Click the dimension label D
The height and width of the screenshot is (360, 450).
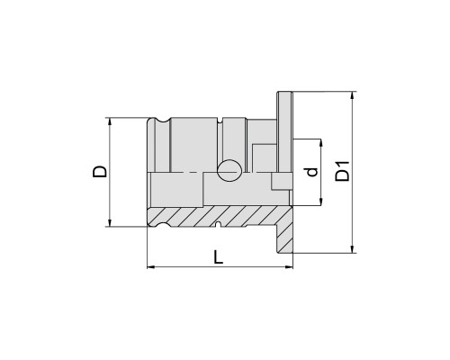pos(100,171)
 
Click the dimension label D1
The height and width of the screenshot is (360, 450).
pos(342,171)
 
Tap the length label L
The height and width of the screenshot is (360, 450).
pos(219,257)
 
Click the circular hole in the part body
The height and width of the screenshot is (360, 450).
pos(229,170)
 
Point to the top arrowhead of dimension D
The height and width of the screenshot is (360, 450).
pos(110,121)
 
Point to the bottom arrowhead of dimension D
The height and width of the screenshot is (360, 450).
pos(110,222)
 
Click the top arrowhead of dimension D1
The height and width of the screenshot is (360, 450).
pos(353,95)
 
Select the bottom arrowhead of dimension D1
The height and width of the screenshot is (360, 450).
pos(353,249)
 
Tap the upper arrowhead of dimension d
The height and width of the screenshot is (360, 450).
pos(320,143)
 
